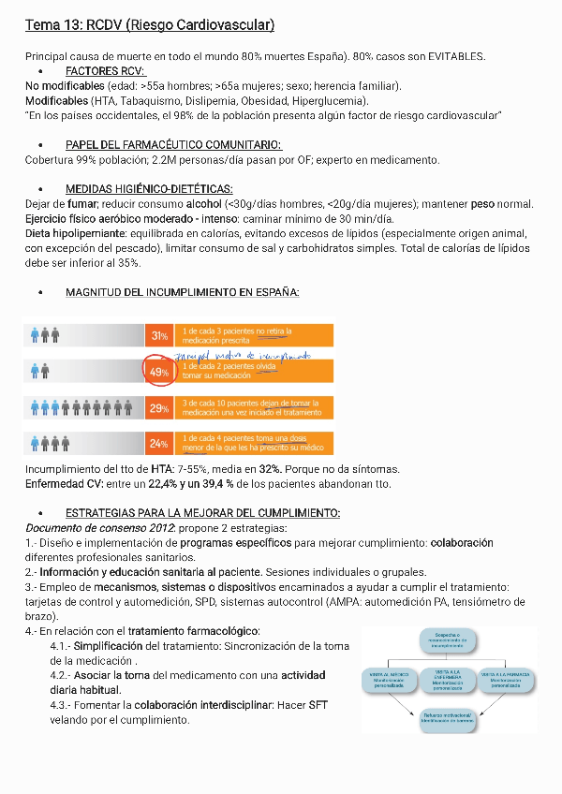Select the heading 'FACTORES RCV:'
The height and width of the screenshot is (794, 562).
click(106, 71)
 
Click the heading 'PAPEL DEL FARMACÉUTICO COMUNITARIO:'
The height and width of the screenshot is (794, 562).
click(172, 144)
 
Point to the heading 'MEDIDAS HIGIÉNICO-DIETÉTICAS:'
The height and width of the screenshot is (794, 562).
click(149, 188)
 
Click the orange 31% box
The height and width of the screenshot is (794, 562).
click(158, 335)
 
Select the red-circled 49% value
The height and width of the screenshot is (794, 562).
click(158, 372)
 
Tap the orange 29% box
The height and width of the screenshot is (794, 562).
click(158, 408)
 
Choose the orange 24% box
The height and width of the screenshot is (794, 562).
click(158, 443)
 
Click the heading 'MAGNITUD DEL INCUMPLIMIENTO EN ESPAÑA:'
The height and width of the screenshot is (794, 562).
click(182, 292)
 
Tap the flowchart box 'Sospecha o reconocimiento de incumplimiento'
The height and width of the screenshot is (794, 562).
click(446, 640)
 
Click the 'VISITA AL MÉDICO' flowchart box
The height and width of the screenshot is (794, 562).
click(386, 680)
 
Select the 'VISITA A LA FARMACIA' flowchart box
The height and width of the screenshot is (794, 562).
click(506, 680)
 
